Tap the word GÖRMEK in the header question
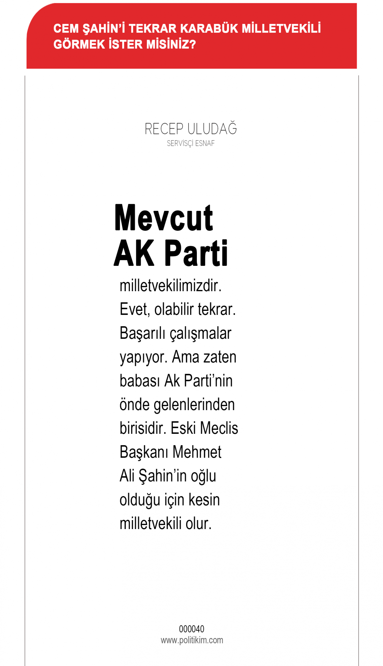79,44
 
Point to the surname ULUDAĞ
212,129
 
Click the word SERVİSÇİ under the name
180,144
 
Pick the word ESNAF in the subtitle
205,144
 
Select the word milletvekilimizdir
171,286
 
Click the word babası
140,381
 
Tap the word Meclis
219,428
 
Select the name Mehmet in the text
197,452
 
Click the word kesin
204,500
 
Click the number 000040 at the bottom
191,629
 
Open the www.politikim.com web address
192,640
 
